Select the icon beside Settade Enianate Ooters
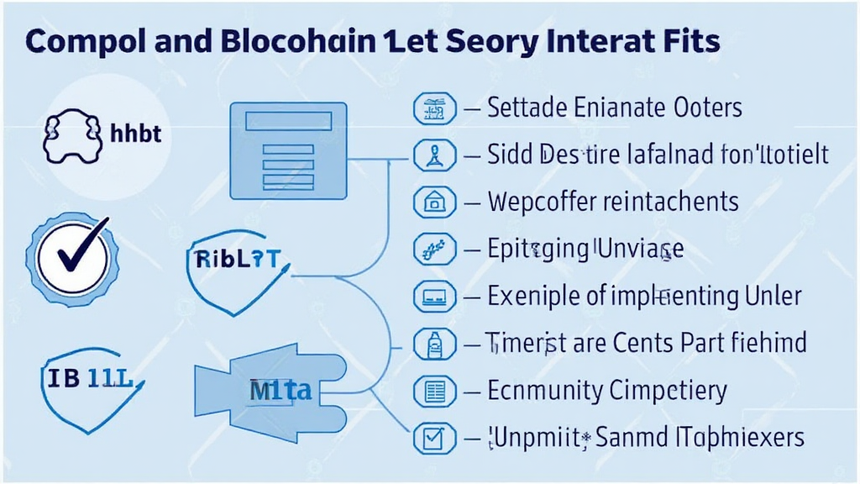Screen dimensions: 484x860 [x=434, y=108]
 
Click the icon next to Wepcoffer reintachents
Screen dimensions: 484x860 [x=434, y=202]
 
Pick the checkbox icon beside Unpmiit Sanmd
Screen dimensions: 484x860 [x=434, y=437]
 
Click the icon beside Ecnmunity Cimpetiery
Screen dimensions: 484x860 [x=434, y=391]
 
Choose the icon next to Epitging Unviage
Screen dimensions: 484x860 [x=434, y=249]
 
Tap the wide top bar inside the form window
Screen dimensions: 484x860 [x=287, y=122]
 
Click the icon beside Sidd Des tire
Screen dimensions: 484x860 [x=434, y=155]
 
